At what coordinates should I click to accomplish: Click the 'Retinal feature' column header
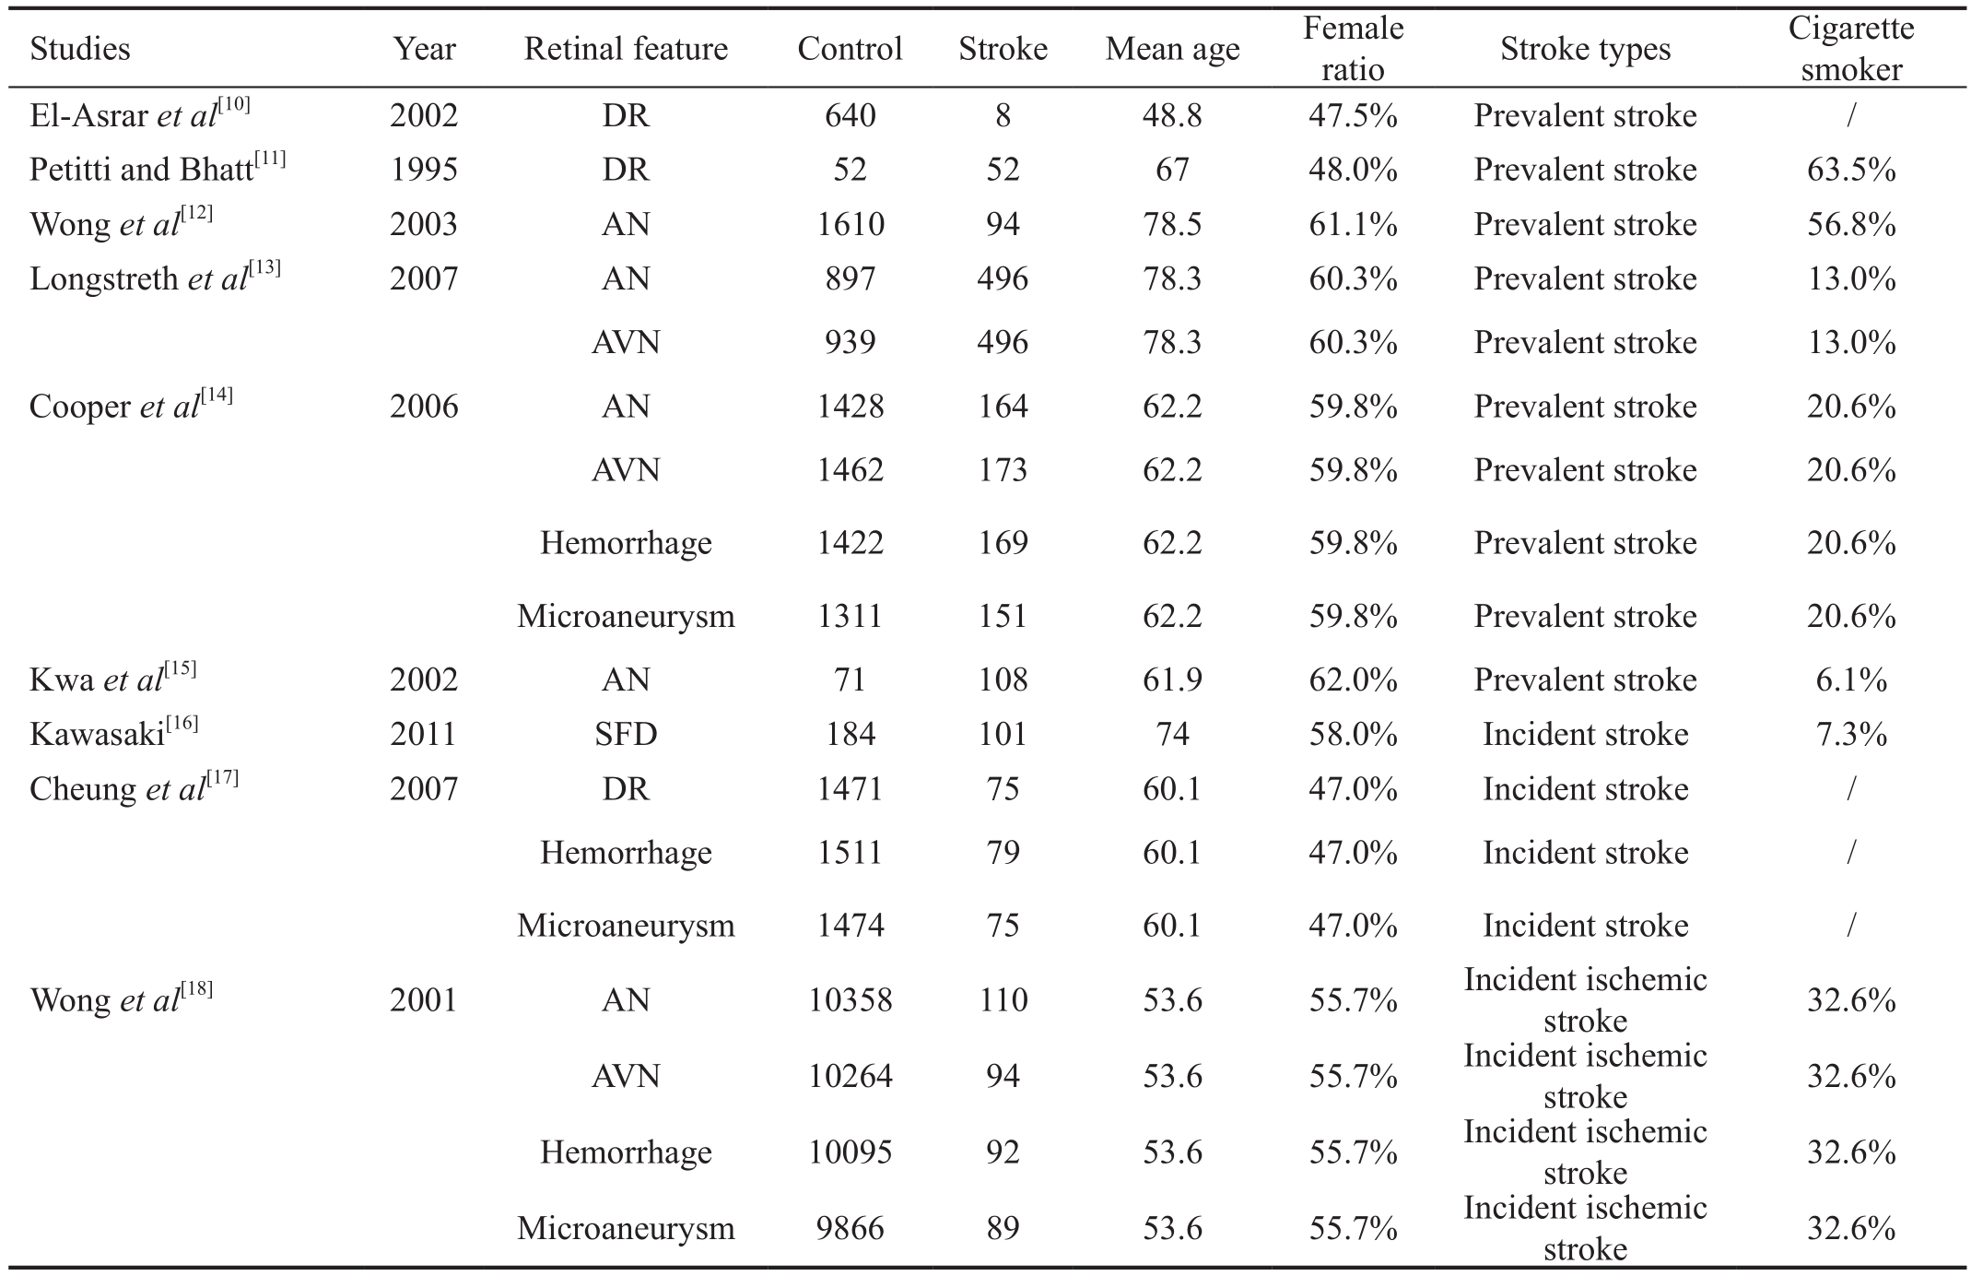(626, 49)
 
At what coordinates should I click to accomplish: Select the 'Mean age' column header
(1172, 49)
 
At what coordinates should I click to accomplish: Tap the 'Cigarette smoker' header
(1851, 49)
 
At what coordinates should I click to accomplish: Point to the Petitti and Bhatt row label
(158, 169)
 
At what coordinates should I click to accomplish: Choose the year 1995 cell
(424, 170)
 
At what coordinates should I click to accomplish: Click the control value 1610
(851, 224)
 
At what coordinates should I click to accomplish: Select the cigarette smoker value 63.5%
(1851, 170)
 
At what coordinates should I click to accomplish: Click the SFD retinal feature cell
(626, 734)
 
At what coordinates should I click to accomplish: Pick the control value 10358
(851, 1000)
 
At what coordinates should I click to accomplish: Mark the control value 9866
(851, 1228)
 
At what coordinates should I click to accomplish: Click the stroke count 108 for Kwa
(1003, 679)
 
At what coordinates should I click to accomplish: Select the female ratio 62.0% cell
(1353, 679)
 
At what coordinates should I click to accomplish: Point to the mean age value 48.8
(1172, 115)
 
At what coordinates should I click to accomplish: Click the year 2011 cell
(424, 734)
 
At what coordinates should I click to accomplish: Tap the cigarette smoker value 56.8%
(1851, 224)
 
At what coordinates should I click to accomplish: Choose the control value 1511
(851, 853)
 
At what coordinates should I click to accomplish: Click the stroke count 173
(1003, 470)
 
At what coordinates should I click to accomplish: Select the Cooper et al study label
(131, 406)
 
